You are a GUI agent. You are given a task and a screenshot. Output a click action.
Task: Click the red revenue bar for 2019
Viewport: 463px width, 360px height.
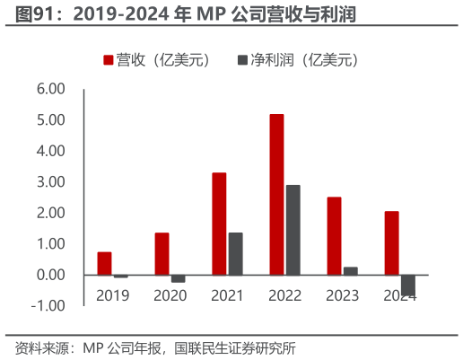pos(104,263)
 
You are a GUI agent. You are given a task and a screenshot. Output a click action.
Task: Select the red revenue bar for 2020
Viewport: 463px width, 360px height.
pos(162,253)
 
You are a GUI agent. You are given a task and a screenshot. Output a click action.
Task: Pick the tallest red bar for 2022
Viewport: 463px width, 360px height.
pos(276,194)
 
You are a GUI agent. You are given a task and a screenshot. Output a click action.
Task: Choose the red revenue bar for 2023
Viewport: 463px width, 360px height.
pos(334,235)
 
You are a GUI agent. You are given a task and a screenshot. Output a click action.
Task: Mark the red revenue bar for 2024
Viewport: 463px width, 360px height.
pos(391,242)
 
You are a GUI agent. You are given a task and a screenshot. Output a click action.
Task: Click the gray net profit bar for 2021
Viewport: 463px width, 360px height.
pos(235,253)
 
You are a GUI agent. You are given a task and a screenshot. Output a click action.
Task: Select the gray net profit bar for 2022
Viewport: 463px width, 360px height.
pos(293,229)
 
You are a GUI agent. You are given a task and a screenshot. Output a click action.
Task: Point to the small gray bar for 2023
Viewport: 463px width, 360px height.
pos(350,270)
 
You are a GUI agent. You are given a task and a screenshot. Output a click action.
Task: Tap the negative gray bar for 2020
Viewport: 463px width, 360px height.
pos(178,278)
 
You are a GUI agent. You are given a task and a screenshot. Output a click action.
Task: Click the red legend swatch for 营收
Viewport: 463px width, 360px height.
pos(109,60)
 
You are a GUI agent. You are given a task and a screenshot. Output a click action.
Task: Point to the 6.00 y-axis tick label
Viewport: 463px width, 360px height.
pos(51,90)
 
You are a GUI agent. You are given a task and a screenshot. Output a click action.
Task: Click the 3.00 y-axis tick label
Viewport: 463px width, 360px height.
pos(51,182)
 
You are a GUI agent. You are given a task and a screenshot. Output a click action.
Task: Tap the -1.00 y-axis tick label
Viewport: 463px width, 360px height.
pos(49,305)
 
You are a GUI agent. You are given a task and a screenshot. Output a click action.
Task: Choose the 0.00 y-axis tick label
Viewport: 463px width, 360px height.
pos(51,275)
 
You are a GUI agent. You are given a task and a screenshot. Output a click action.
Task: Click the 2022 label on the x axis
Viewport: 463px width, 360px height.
pos(284,294)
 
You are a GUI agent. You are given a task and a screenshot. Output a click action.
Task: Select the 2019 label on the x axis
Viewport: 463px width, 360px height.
pos(112,294)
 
